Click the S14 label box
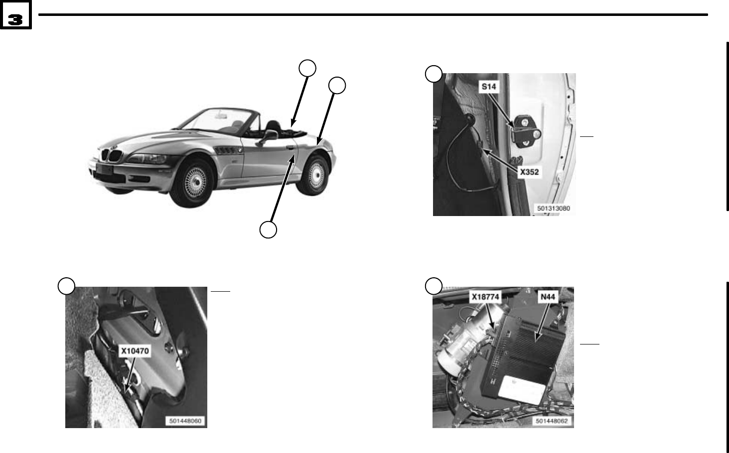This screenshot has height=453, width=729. point(489,87)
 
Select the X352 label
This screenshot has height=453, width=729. point(529,172)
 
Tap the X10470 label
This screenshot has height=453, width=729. point(135,351)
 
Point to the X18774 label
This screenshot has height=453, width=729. point(485,297)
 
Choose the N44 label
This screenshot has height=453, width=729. point(548,297)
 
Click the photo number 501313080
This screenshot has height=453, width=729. point(553,208)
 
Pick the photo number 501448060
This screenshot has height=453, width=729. point(185,421)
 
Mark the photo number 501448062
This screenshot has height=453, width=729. point(552,421)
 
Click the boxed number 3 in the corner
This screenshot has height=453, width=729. point(15,14)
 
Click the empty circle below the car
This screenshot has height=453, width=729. point(268,229)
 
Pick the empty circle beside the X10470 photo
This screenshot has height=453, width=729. point(66,286)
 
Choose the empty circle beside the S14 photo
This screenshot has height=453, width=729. point(434,74)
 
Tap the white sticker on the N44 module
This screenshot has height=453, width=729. point(522,390)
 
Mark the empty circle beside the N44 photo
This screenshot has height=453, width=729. point(434,286)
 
